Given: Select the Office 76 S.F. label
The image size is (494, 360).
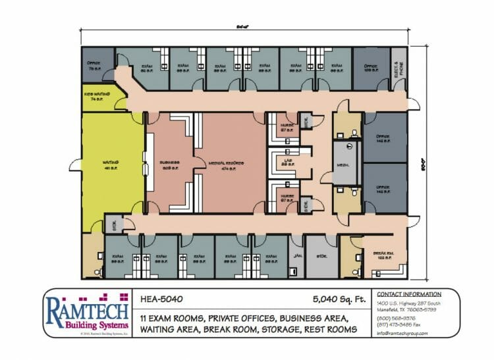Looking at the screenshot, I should [x=93, y=65].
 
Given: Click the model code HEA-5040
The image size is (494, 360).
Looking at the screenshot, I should [x=162, y=298].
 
